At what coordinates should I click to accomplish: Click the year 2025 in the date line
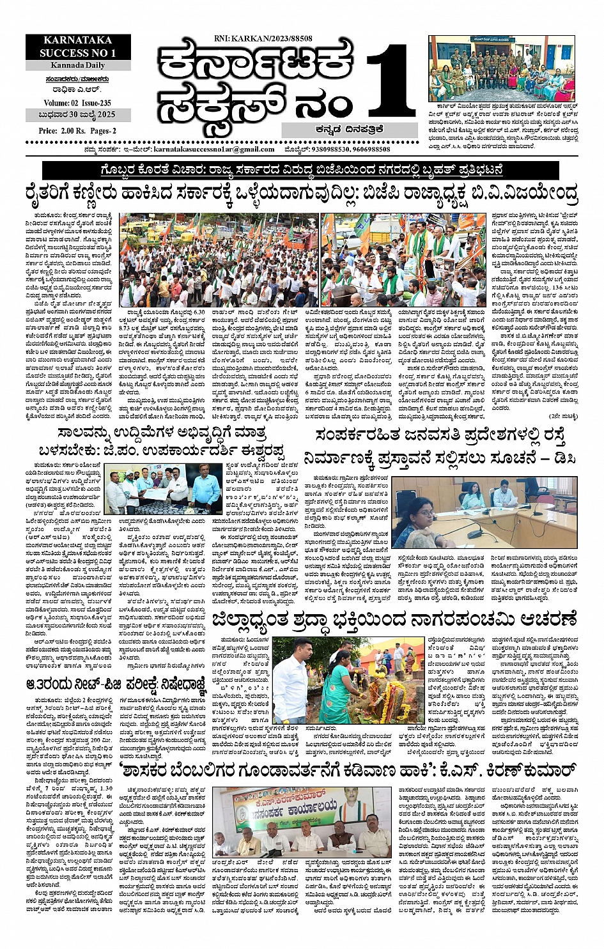pyautogui.click(x=104, y=115)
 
